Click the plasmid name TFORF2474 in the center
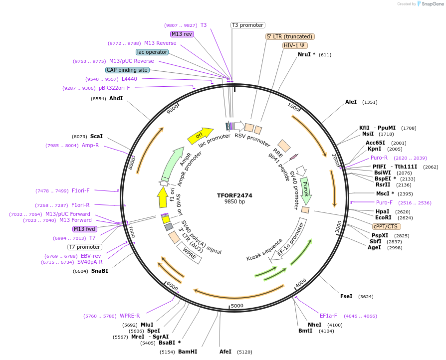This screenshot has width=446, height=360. (x=234, y=195)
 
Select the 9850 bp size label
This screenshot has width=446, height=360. (x=234, y=202)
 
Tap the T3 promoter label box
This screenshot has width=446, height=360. (x=247, y=25)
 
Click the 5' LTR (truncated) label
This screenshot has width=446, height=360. (x=289, y=36)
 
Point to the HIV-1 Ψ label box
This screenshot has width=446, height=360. (x=295, y=45)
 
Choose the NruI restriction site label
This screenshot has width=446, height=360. (x=306, y=54)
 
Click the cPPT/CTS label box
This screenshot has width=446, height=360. (x=385, y=226)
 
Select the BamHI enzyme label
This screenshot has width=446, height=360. (x=188, y=352)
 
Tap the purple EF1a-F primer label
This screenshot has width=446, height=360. (x=328, y=316)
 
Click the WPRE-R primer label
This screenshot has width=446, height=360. (x=130, y=316)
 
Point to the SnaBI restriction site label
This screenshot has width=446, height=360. (x=100, y=271)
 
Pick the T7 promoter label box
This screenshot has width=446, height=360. (x=85, y=247)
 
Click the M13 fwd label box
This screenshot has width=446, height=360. (x=84, y=229)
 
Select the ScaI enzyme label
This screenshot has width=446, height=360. (x=96, y=136)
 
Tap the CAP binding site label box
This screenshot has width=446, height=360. (x=127, y=70)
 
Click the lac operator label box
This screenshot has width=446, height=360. (x=152, y=52)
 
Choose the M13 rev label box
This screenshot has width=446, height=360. (x=182, y=34)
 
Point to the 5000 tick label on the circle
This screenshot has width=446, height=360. (x=237, y=306)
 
